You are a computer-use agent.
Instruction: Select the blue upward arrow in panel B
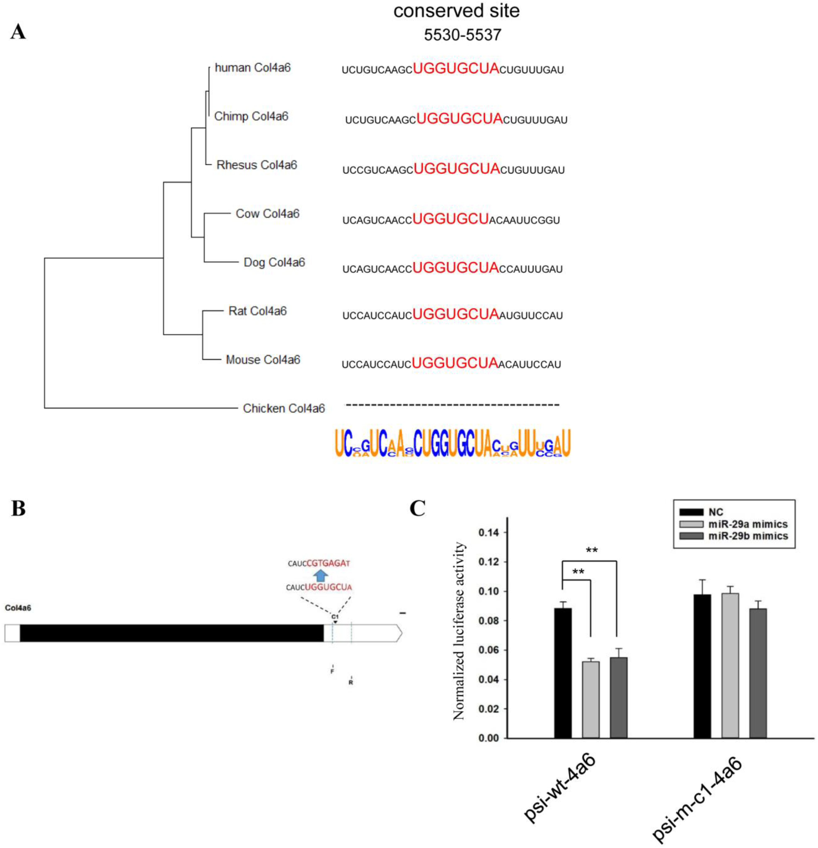click(320, 575)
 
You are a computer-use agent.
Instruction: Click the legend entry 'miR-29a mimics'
click(748, 524)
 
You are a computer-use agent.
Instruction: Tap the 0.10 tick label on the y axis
click(488, 591)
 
